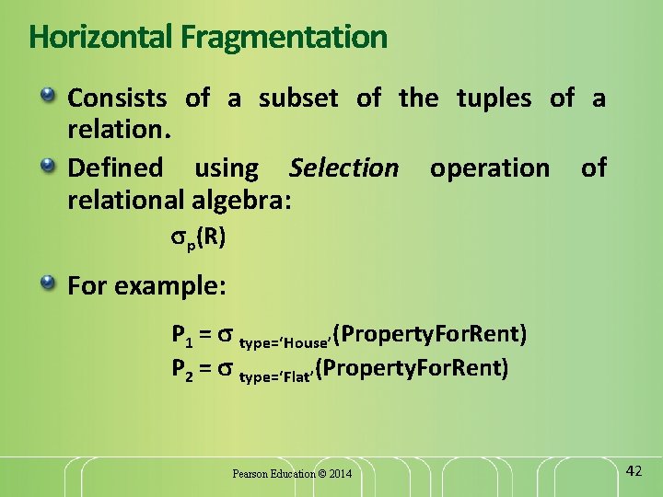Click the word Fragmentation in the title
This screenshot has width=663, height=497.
point(285,38)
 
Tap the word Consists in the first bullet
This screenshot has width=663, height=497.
point(117,98)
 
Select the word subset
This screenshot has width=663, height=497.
point(297,98)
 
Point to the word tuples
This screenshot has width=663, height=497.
point(494,98)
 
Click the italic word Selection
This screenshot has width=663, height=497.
point(343,168)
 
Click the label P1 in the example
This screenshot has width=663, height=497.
point(180,333)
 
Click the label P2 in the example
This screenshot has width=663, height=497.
point(180,370)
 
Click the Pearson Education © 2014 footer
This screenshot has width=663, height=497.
point(292,473)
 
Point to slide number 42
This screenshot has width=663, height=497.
point(634,470)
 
